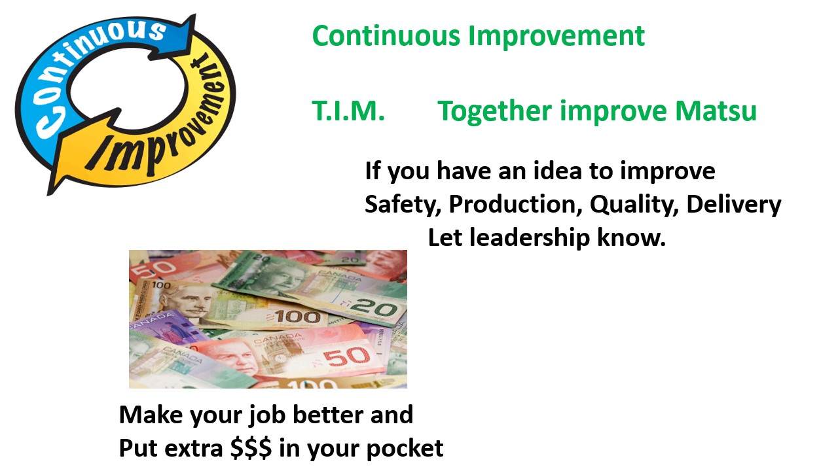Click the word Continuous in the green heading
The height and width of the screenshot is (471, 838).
(x=386, y=36)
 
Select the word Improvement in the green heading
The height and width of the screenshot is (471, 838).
(x=556, y=37)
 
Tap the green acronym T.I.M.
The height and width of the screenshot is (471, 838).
(x=348, y=111)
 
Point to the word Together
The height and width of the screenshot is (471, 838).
(x=494, y=112)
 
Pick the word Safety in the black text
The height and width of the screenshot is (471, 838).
(x=402, y=205)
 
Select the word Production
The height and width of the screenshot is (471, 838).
(x=515, y=204)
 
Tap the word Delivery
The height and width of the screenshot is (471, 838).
(x=734, y=205)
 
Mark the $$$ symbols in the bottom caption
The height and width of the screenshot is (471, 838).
(x=251, y=448)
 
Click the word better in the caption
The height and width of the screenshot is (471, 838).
(x=329, y=415)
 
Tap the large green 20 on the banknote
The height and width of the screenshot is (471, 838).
(x=373, y=308)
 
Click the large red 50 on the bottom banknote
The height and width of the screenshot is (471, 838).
(x=346, y=357)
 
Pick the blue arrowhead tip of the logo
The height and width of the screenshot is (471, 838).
(x=194, y=16)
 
